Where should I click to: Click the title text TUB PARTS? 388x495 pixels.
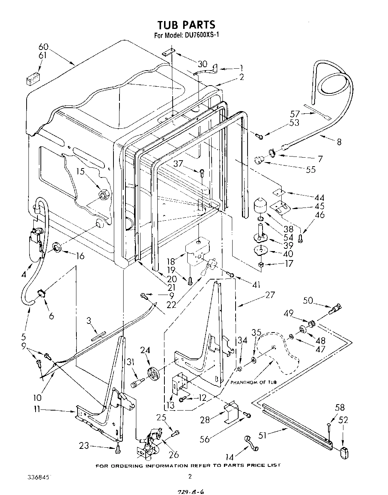(x=186, y=25)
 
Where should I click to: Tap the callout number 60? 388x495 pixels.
(x=43, y=47)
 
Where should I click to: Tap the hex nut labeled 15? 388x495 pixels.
(x=104, y=195)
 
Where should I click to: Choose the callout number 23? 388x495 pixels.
(x=84, y=446)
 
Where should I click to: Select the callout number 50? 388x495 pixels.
(x=308, y=300)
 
